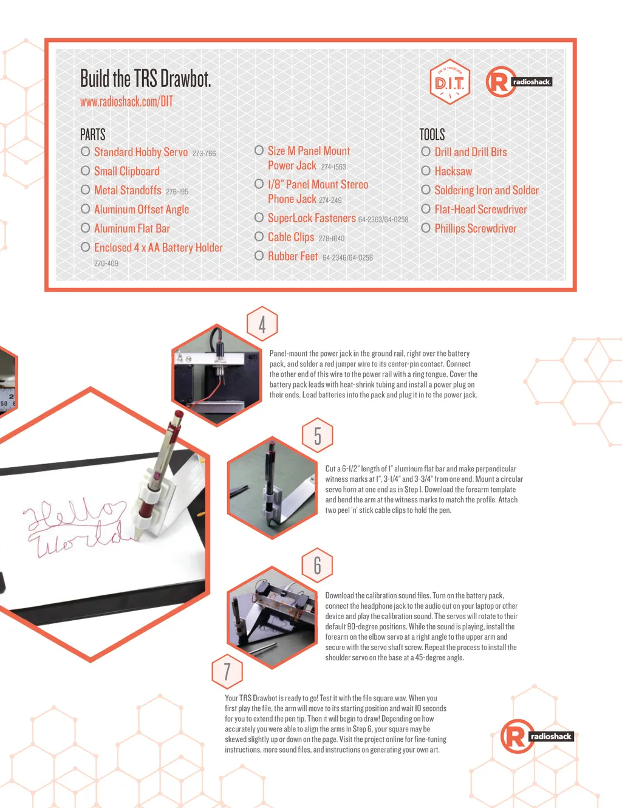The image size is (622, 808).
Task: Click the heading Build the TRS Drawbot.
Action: [145, 78]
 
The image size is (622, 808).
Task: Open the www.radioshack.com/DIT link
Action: [126, 101]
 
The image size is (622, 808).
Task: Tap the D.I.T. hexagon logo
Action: [449, 82]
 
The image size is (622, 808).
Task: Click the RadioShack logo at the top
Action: [519, 82]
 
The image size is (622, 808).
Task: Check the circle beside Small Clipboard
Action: [86, 171]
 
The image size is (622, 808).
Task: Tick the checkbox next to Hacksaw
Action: [426, 171]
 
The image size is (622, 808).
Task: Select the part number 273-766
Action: [203, 153]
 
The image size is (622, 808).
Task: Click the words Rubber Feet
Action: [293, 256]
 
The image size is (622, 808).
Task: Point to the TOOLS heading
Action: [432, 135]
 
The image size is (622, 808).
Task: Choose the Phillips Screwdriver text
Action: [476, 228]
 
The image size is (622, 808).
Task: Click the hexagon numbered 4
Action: [262, 324]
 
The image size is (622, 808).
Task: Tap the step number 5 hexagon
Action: [317, 435]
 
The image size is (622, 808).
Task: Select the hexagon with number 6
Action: [317, 565]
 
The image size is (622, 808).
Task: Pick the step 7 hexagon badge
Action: [227, 671]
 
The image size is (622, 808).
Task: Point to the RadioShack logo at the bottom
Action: [537, 736]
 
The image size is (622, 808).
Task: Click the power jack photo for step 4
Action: [217, 375]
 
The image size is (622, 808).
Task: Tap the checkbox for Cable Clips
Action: [259, 236]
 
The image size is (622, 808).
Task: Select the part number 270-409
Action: [106, 263]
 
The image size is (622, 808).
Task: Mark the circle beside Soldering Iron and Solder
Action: [426, 190]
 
